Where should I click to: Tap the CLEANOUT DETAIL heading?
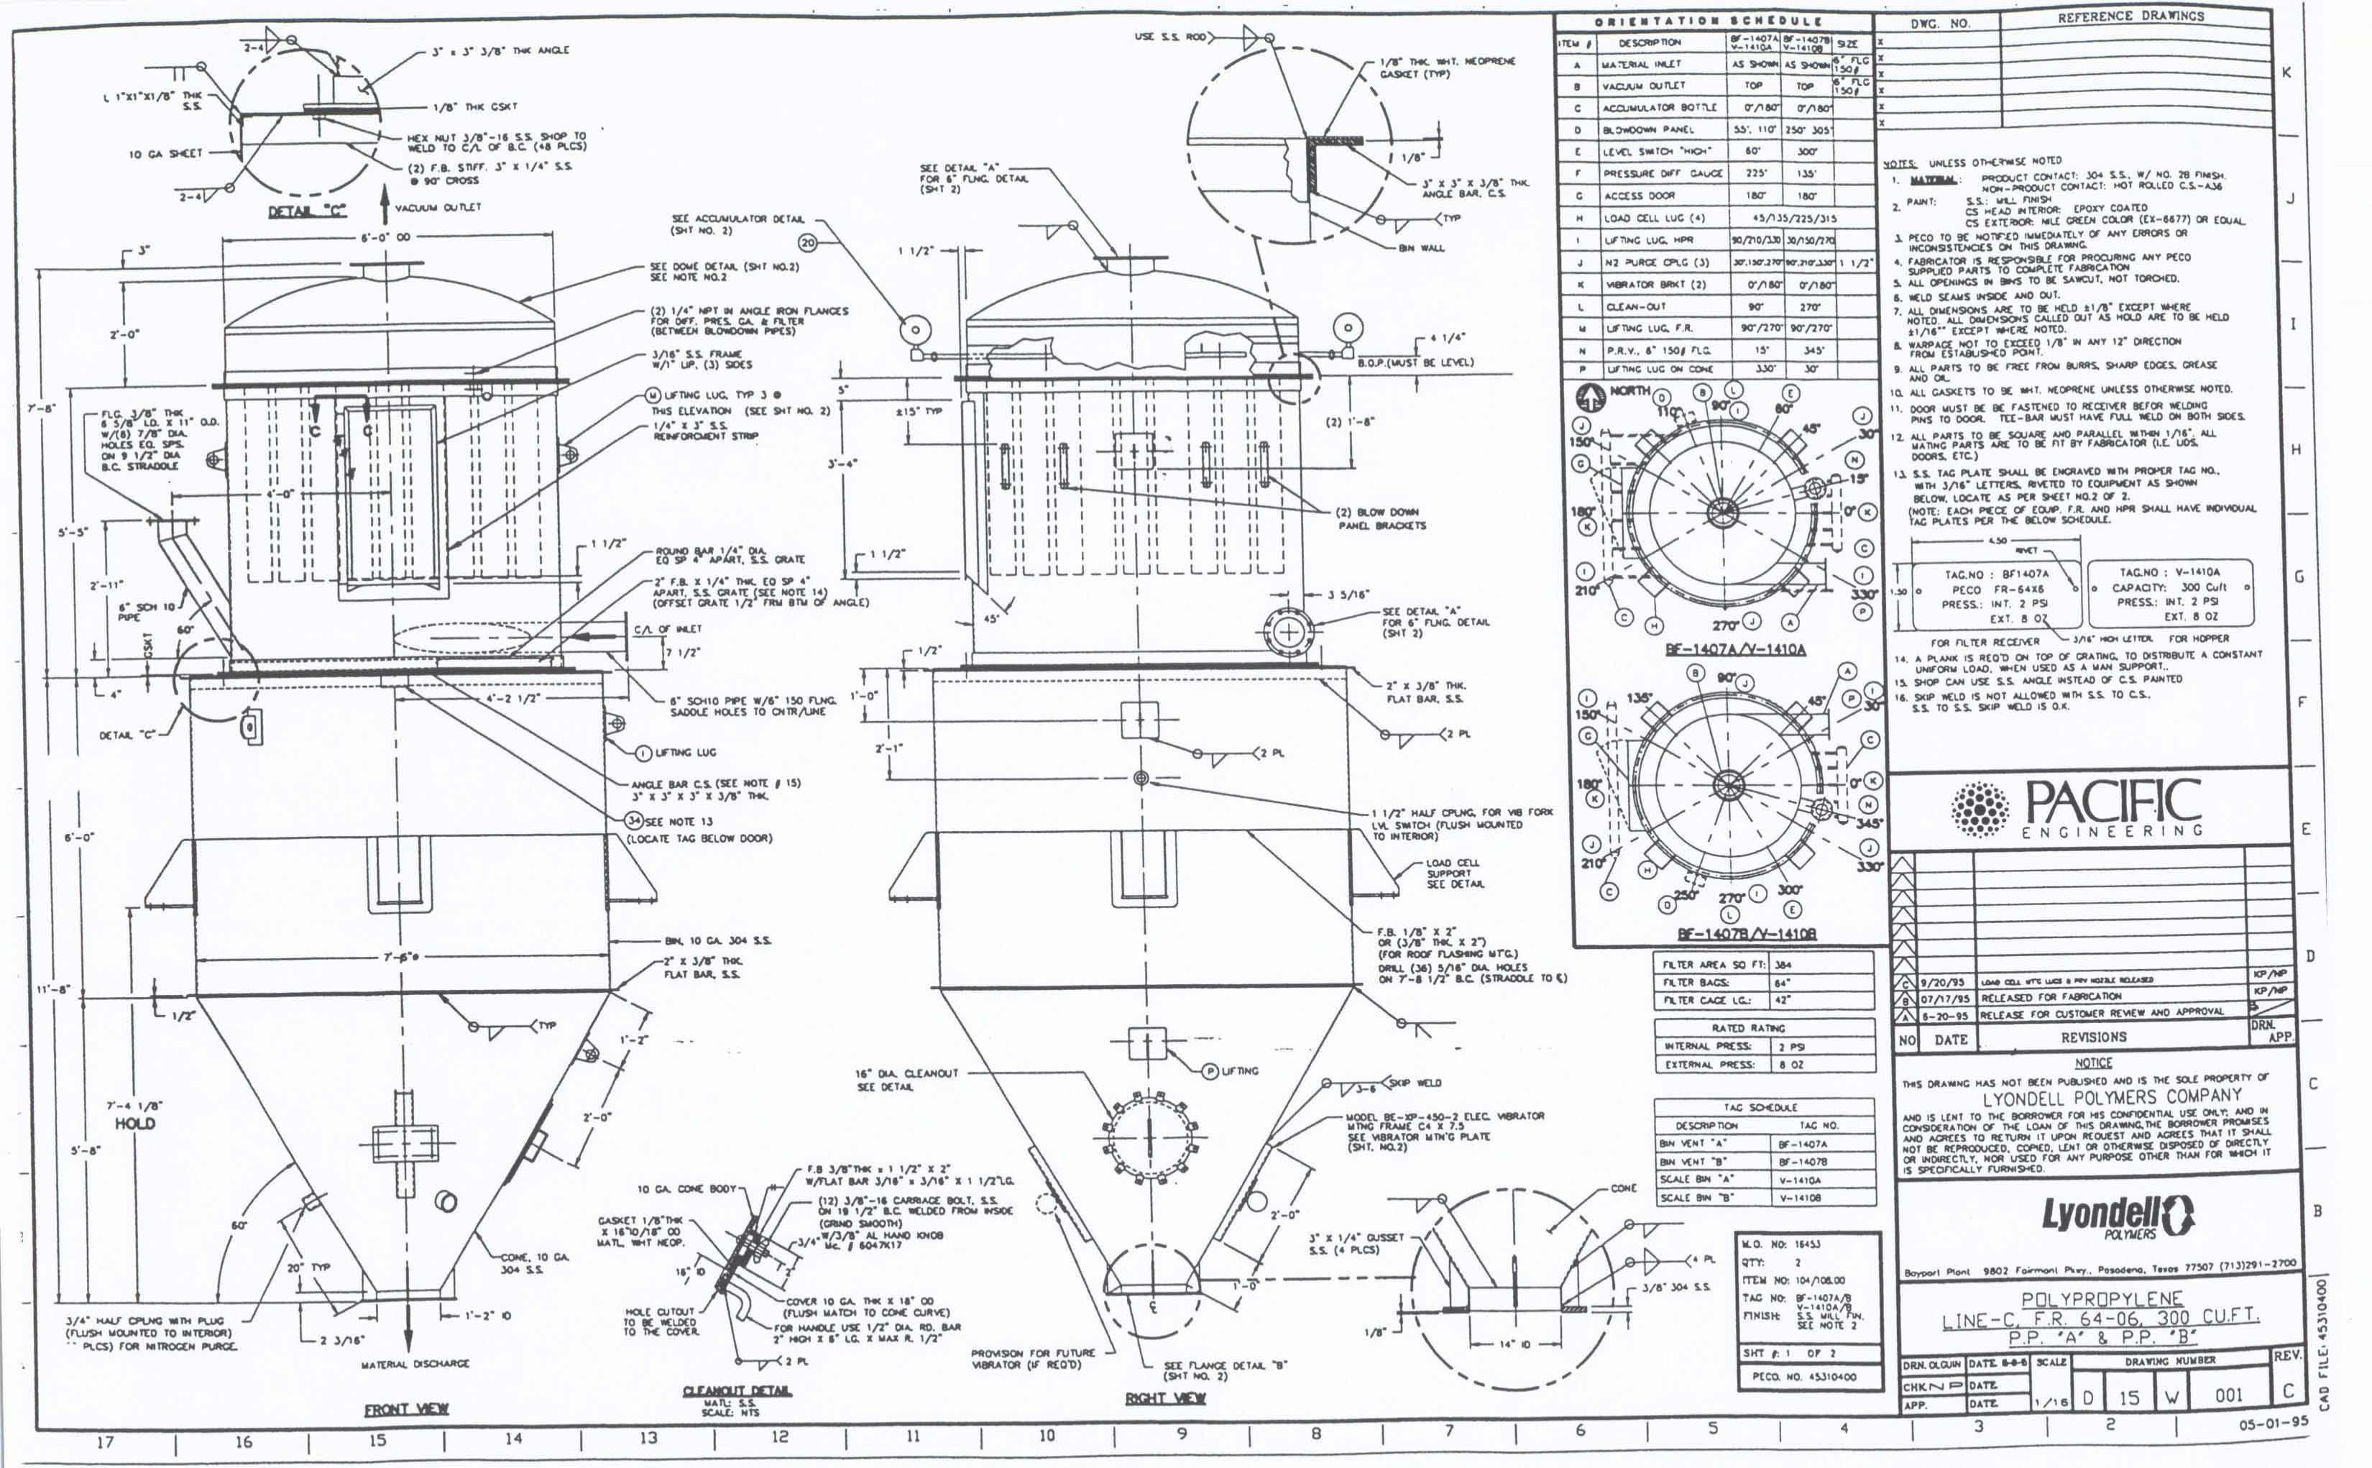coord(737,1390)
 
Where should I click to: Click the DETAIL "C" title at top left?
coord(307,211)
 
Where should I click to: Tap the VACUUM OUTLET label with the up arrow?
coord(438,207)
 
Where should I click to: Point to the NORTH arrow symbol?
coord(1590,396)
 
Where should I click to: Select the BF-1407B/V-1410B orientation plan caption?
coord(1746,933)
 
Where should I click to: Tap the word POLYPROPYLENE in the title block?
coord(2101,1299)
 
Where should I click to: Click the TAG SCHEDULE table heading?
coord(1760,1107)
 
